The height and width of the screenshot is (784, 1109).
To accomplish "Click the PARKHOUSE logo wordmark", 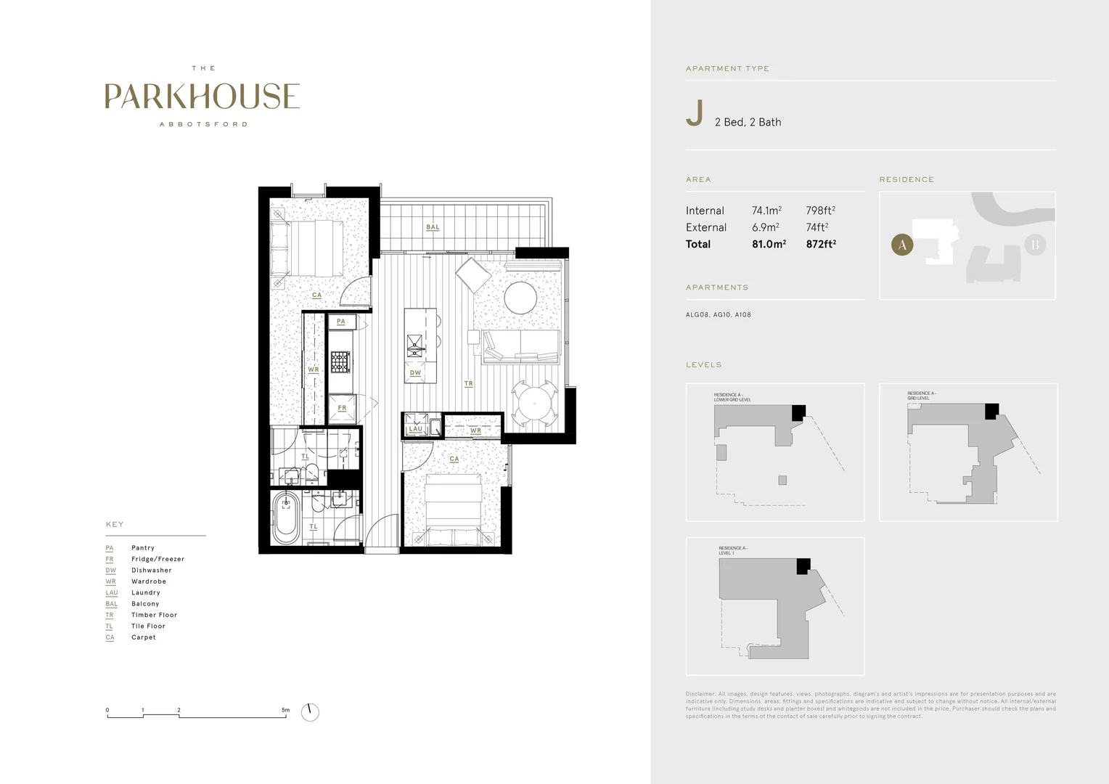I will pos(202,97).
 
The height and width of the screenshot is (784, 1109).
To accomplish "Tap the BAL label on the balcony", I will pos(433,227).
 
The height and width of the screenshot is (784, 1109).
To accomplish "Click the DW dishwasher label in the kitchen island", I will pos(415,373).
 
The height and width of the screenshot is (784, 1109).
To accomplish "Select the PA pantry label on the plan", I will pos(341,322).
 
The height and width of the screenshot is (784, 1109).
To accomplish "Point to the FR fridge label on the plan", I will pos(342,408).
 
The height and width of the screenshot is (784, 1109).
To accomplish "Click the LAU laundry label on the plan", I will pos(415,429).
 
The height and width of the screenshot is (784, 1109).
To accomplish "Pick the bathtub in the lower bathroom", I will pos(286,518).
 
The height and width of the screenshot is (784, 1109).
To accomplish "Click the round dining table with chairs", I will pos(534,401).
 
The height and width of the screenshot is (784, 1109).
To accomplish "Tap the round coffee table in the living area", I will pos(520,298).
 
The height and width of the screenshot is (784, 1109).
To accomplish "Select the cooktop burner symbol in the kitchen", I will pos(340,361).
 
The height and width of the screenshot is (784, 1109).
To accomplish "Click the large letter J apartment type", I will pos(695,114).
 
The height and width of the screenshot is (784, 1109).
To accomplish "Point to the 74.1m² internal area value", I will pos(766,211).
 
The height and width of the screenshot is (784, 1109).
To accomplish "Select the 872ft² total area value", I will pos(821,244).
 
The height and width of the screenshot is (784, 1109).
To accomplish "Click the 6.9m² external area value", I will pos(765,227).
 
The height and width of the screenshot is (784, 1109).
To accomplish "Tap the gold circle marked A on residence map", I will pos(902,245).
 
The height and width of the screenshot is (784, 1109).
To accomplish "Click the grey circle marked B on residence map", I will pos(1035,245).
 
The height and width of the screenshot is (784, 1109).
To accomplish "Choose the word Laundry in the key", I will pos(145,592).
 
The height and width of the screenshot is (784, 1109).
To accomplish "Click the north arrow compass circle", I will pos(310,712).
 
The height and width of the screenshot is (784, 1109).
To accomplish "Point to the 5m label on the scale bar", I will pos(285,710).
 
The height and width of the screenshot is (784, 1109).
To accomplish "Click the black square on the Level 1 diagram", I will pos(803,566).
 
